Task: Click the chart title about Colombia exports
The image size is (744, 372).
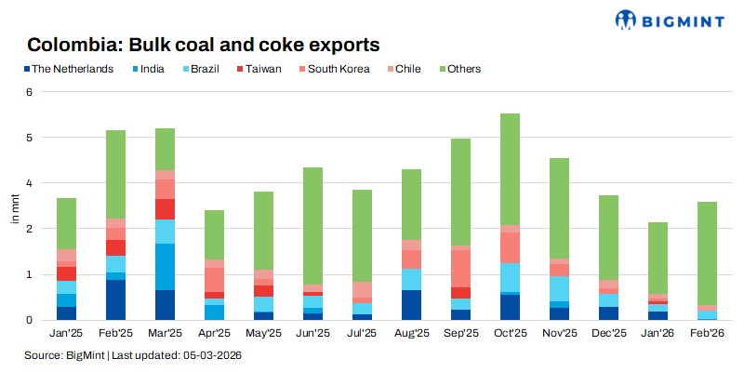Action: pos(204,45)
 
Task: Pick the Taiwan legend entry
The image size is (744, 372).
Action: pos(254,69)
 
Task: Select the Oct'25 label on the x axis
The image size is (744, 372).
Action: pos(510,332)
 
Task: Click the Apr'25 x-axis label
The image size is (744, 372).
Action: pos(215,332)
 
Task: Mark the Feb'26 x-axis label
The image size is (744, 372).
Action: pos(707,332)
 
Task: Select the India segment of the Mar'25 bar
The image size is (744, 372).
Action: pos(166,267)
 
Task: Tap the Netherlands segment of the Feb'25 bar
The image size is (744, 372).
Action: pos(116,299)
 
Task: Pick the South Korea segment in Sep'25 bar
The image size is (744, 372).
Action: pos(460,269)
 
